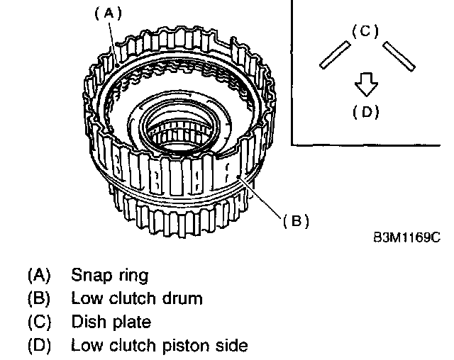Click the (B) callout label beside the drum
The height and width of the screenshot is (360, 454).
[296, 221]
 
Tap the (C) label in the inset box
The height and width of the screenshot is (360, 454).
[365, 32]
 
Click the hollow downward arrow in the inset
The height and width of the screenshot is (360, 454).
[365, 85]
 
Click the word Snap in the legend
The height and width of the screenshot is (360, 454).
[88, 274]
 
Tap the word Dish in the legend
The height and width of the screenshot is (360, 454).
[87, 322]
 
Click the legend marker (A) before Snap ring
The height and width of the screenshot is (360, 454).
[39, 274]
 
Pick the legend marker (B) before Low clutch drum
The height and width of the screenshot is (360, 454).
[39, 298]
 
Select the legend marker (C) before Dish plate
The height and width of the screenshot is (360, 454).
[39, 322]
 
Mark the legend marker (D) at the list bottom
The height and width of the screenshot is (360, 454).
[39, 346]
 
